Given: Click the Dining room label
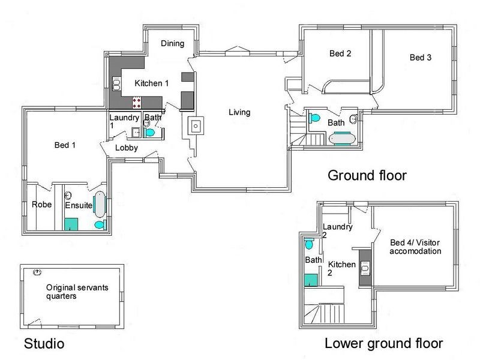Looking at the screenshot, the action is (x=173, y=43).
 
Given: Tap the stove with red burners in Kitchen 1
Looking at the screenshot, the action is (x=137, y=102).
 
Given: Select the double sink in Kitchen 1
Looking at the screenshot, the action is (x=116, y=83).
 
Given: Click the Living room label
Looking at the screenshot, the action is (x=239, y=112).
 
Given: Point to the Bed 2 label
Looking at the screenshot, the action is (x=340, y=53).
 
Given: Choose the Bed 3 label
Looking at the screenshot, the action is (x=421, y=58).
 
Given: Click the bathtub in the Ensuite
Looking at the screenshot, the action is (x=100, y=204).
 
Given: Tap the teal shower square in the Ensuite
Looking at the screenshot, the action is (x=71, y=224).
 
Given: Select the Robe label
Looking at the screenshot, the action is (x=41, y=205).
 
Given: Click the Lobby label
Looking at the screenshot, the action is (x=127, y=148).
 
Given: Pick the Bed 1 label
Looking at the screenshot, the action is (x=65, y=145).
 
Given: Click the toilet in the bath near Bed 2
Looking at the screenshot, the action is (x=314, y=118).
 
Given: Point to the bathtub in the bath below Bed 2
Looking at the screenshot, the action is (x=342, y=139).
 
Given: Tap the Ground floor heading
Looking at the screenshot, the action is (x=367, y=175).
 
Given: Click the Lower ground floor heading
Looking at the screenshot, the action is (x=383, y=343).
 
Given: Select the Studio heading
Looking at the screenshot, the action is (x=44, y=343).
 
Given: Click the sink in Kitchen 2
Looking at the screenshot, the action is (x=365, y=268).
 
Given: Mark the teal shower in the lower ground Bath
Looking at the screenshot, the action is (x=311, y=280).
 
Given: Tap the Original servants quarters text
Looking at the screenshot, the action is (x=77, y=292).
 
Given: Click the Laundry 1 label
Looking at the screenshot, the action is (x=124, y=121).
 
